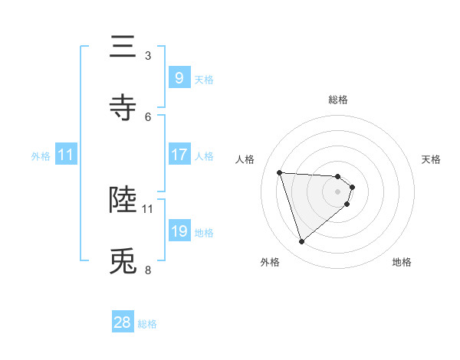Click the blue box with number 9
tap(179, 77)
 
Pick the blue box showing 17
tap(179, 155)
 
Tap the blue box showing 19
tap(179, 231)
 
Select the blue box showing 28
tap(123, 322)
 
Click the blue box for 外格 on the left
tap(65, 155)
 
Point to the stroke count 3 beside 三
tap(148, 56)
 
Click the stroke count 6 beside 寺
tap(148, 116)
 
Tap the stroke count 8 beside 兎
tap(148, 270)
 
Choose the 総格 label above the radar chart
tap(338, 100)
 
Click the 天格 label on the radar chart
tap(432, 159)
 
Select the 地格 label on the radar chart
tap(402, 262)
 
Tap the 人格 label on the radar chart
tap(245, 159)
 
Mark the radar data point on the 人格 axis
tap(280, 172)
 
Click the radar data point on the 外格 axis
tap(301, 242)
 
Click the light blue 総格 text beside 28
tap(147, 324)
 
